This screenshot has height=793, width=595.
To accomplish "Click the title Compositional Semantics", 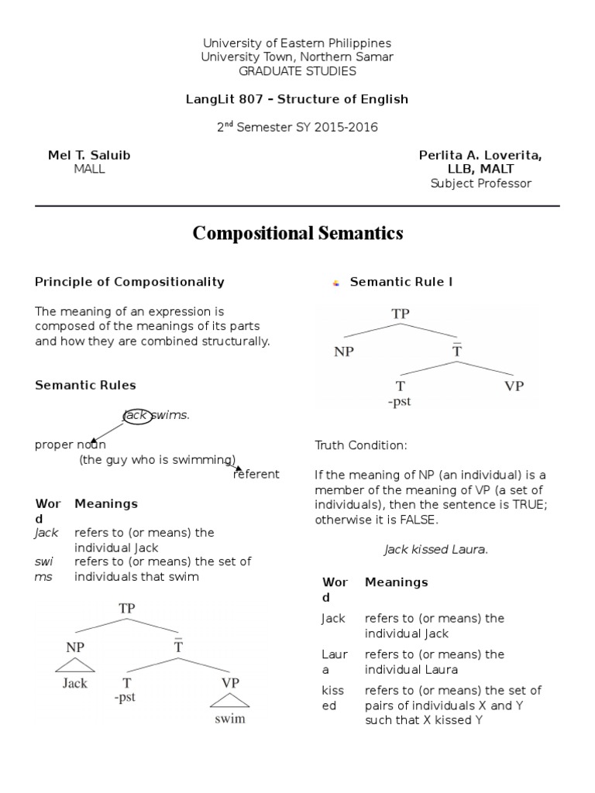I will coord(297,233).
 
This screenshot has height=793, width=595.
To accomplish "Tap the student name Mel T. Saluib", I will coord(89,155).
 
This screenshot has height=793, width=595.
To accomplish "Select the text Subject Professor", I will coord(480,183).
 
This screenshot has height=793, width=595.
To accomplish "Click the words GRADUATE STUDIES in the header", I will coord(297,70).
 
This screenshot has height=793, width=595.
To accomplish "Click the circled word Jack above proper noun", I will coord(136,416).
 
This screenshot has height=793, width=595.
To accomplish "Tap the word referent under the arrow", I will coord(256,474).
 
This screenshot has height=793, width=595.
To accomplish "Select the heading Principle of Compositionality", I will coord(129,282).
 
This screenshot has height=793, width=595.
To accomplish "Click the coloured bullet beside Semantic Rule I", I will coord(335,283).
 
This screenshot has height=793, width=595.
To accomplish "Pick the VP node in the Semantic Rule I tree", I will coord(514,386).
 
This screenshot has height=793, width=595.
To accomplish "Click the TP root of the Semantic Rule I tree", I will coord(401,314).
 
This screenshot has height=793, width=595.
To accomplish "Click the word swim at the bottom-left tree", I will coord(230,718).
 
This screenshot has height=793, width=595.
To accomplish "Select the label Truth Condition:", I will coord(360,445).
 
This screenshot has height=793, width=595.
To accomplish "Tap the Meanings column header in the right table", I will coord(396,582).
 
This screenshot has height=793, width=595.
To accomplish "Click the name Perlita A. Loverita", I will coord(480,155).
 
